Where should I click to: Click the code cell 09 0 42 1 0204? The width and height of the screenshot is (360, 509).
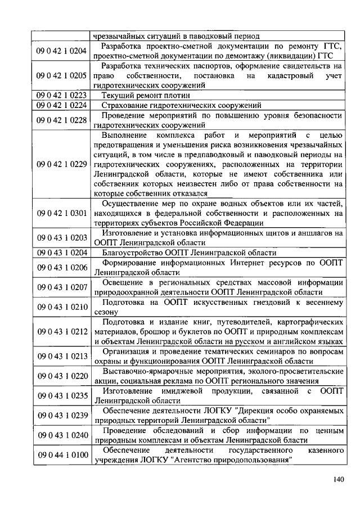(x=61, y=51)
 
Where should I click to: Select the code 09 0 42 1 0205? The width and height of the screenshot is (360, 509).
(x=61, y=75)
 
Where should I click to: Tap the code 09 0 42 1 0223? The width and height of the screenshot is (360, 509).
(x=61, y=95)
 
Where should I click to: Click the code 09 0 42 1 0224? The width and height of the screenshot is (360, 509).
(x=61, y=105)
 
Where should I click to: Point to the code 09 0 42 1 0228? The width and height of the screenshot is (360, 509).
(x=61, y=120)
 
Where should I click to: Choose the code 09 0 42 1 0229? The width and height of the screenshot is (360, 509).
(x=61, y=164)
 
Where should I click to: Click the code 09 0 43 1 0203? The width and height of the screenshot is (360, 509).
(x=61, y=237)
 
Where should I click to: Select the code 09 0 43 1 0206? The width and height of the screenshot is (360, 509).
(x=61, y=267)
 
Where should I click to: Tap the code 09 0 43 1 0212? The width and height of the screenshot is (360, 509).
(x=61, y=331)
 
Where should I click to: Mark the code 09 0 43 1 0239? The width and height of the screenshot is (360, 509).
(x=61, y=415)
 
